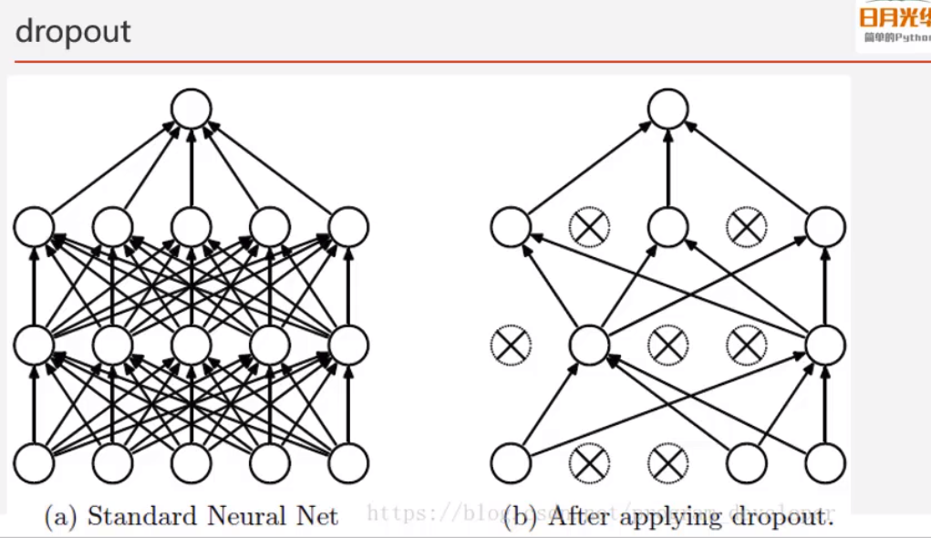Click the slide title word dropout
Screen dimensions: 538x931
click(x=73, y=32)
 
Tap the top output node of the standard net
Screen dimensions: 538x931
click(x=191, y=109)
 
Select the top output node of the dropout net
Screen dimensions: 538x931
click(x=668, y=109)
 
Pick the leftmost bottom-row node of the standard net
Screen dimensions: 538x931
click(x=34, y=462)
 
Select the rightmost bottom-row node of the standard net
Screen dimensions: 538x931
click(x=348, y=462)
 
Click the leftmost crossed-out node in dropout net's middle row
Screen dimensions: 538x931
click(x=511, y=345)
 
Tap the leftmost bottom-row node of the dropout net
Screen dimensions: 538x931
click(x=511, y=462)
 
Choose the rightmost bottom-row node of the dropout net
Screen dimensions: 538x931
click(x=825, y=462)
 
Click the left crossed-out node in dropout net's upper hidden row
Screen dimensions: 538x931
click(x=589, y=227)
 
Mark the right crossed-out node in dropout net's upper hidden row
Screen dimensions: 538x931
click(x=747, y=227)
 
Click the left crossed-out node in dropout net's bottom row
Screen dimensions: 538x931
click(x=589, y=462)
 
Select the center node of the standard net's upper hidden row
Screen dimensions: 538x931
click(x=191, y=227)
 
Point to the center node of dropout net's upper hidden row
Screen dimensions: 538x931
click(x=668, y=227)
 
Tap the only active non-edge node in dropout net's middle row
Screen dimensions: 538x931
click(x=589, y=345)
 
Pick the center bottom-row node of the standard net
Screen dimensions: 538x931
click(x=191, y=462)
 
